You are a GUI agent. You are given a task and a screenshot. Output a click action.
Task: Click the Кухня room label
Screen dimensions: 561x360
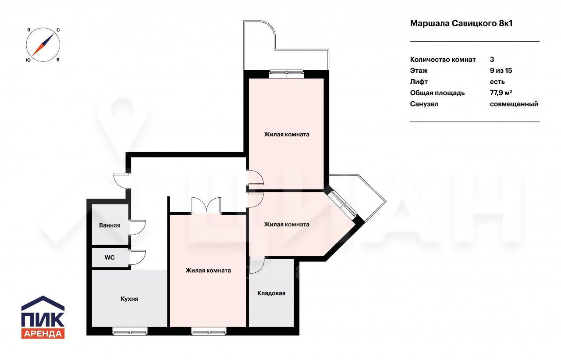(x=129, y=299)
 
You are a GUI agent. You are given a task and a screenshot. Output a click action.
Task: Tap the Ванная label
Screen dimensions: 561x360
(x=110, y=225)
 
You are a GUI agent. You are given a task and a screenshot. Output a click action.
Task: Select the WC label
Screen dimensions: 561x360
(x=110, y=257)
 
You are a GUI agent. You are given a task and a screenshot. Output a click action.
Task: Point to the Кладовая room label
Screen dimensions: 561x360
(x=271, y=293)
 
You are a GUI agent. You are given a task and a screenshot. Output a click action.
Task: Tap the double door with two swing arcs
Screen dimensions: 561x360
(x=206, y=205)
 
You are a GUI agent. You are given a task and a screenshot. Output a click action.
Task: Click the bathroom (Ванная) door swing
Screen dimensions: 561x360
(x=137, y=228)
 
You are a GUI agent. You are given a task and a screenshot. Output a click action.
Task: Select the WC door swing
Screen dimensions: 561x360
(x=137, y=257)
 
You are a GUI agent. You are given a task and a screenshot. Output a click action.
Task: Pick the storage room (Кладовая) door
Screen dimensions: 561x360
(x=257, y=265)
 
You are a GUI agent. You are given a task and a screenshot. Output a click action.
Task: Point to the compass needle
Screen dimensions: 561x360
(x=43, y=45)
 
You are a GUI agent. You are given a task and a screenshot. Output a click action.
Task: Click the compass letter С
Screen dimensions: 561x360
(x=58, y=30)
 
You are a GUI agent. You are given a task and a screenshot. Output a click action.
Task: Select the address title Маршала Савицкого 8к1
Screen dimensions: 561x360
(x=461, y=24)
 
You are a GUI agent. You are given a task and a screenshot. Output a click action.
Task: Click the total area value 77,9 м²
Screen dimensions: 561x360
(x=501, y=93)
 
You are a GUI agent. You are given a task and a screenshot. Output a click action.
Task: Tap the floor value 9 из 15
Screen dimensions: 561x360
(x=501, y=71)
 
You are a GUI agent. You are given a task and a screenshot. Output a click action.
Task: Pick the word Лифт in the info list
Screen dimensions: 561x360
(x=419, y=82)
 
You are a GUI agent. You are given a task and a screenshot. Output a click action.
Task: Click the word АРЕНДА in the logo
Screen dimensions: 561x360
(x=43, y=334)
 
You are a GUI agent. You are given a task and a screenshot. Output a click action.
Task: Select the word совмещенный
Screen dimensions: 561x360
(x=514, y=104)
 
